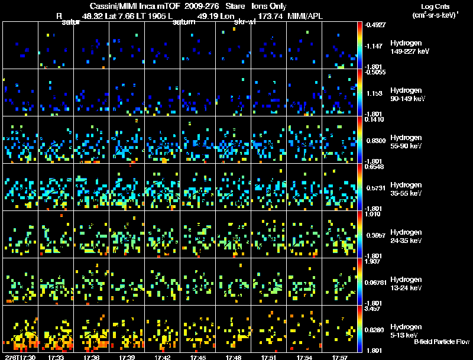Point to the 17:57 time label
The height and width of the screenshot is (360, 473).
(x=339, y=357)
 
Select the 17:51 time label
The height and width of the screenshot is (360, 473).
(x=269, y=357)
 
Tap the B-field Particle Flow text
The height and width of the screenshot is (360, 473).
(x=441, y=342)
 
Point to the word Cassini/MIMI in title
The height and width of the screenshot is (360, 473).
(x=106, y=5)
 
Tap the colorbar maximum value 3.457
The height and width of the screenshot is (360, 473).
(x=373, y=309)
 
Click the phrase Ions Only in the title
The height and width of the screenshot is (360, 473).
(x=270, y=5)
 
